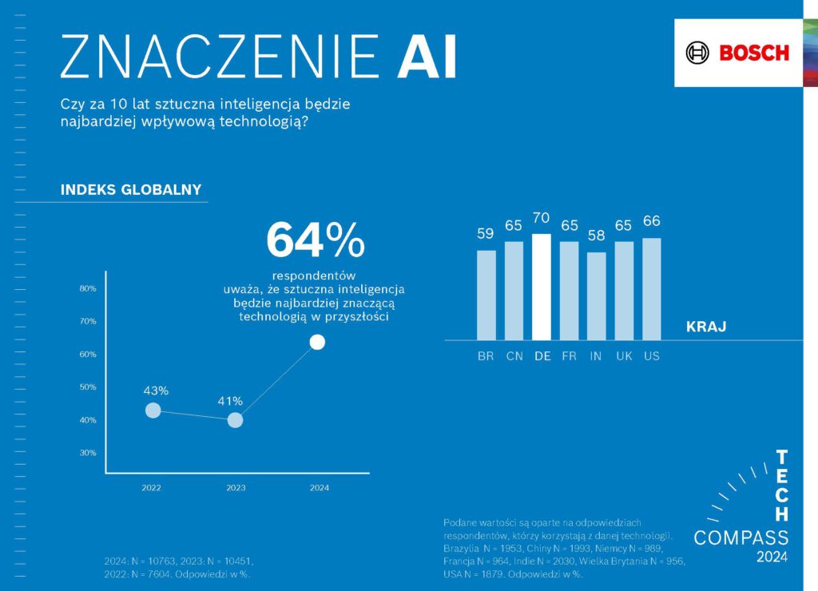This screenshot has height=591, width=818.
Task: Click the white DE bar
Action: click(542, 287)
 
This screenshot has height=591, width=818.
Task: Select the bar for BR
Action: click(486, 295)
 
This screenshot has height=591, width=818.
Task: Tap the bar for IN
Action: click(596, 295)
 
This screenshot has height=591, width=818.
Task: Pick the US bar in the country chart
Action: click(651, 289)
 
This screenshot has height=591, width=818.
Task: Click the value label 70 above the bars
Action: click(542, 218)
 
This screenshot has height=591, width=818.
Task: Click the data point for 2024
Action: click(317, 342)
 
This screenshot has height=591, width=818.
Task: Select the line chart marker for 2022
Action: click(153, 411)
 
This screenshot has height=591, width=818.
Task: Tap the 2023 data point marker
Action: click(235, 420)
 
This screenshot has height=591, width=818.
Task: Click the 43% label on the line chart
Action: click(156, 391)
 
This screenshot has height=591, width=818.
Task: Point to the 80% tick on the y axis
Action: click(88, 288)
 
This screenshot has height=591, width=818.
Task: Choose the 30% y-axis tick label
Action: click(88, 453)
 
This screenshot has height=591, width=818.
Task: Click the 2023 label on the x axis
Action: click(235, 488)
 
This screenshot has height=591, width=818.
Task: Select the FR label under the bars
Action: click(569, 356)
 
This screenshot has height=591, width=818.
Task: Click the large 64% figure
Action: click(316, 239)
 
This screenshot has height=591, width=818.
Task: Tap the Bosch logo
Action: click(737, 54)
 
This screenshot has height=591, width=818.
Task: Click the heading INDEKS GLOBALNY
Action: click(131, 190)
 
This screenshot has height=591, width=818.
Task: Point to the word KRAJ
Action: click(706, 327)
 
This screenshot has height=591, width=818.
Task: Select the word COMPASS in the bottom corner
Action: click(741, 537)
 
